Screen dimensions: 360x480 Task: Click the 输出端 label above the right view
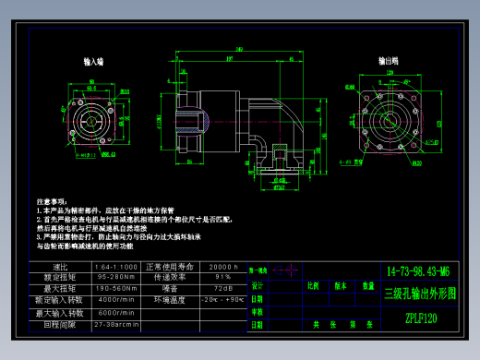click(x=388, y=62)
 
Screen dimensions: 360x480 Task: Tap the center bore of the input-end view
click(x=92, y=121)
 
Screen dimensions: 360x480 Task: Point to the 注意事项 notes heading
click(x=52, y=200)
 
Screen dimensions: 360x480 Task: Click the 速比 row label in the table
click(x=60, y=267)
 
